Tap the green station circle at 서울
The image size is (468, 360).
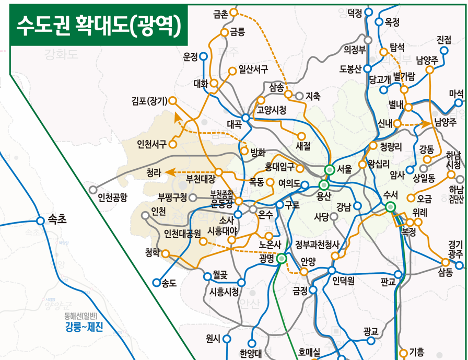coord(330,170)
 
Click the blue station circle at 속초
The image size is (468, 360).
coord(40,220)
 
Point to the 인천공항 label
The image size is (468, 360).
coord(112,198)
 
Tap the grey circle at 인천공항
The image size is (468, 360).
coord(93,189)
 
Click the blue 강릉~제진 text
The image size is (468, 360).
coord(84,328)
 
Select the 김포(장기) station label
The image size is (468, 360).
coord(149,100)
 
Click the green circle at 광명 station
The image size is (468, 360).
coord(282,258)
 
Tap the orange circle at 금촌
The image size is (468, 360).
coord(233,12)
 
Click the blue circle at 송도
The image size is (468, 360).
coord(156,283)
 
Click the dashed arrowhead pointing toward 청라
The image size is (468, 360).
coord(168,172)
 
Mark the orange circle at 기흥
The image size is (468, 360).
coord(403,352)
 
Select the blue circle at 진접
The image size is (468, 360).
coord(444,51)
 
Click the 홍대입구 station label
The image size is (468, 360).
coord(279,167)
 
